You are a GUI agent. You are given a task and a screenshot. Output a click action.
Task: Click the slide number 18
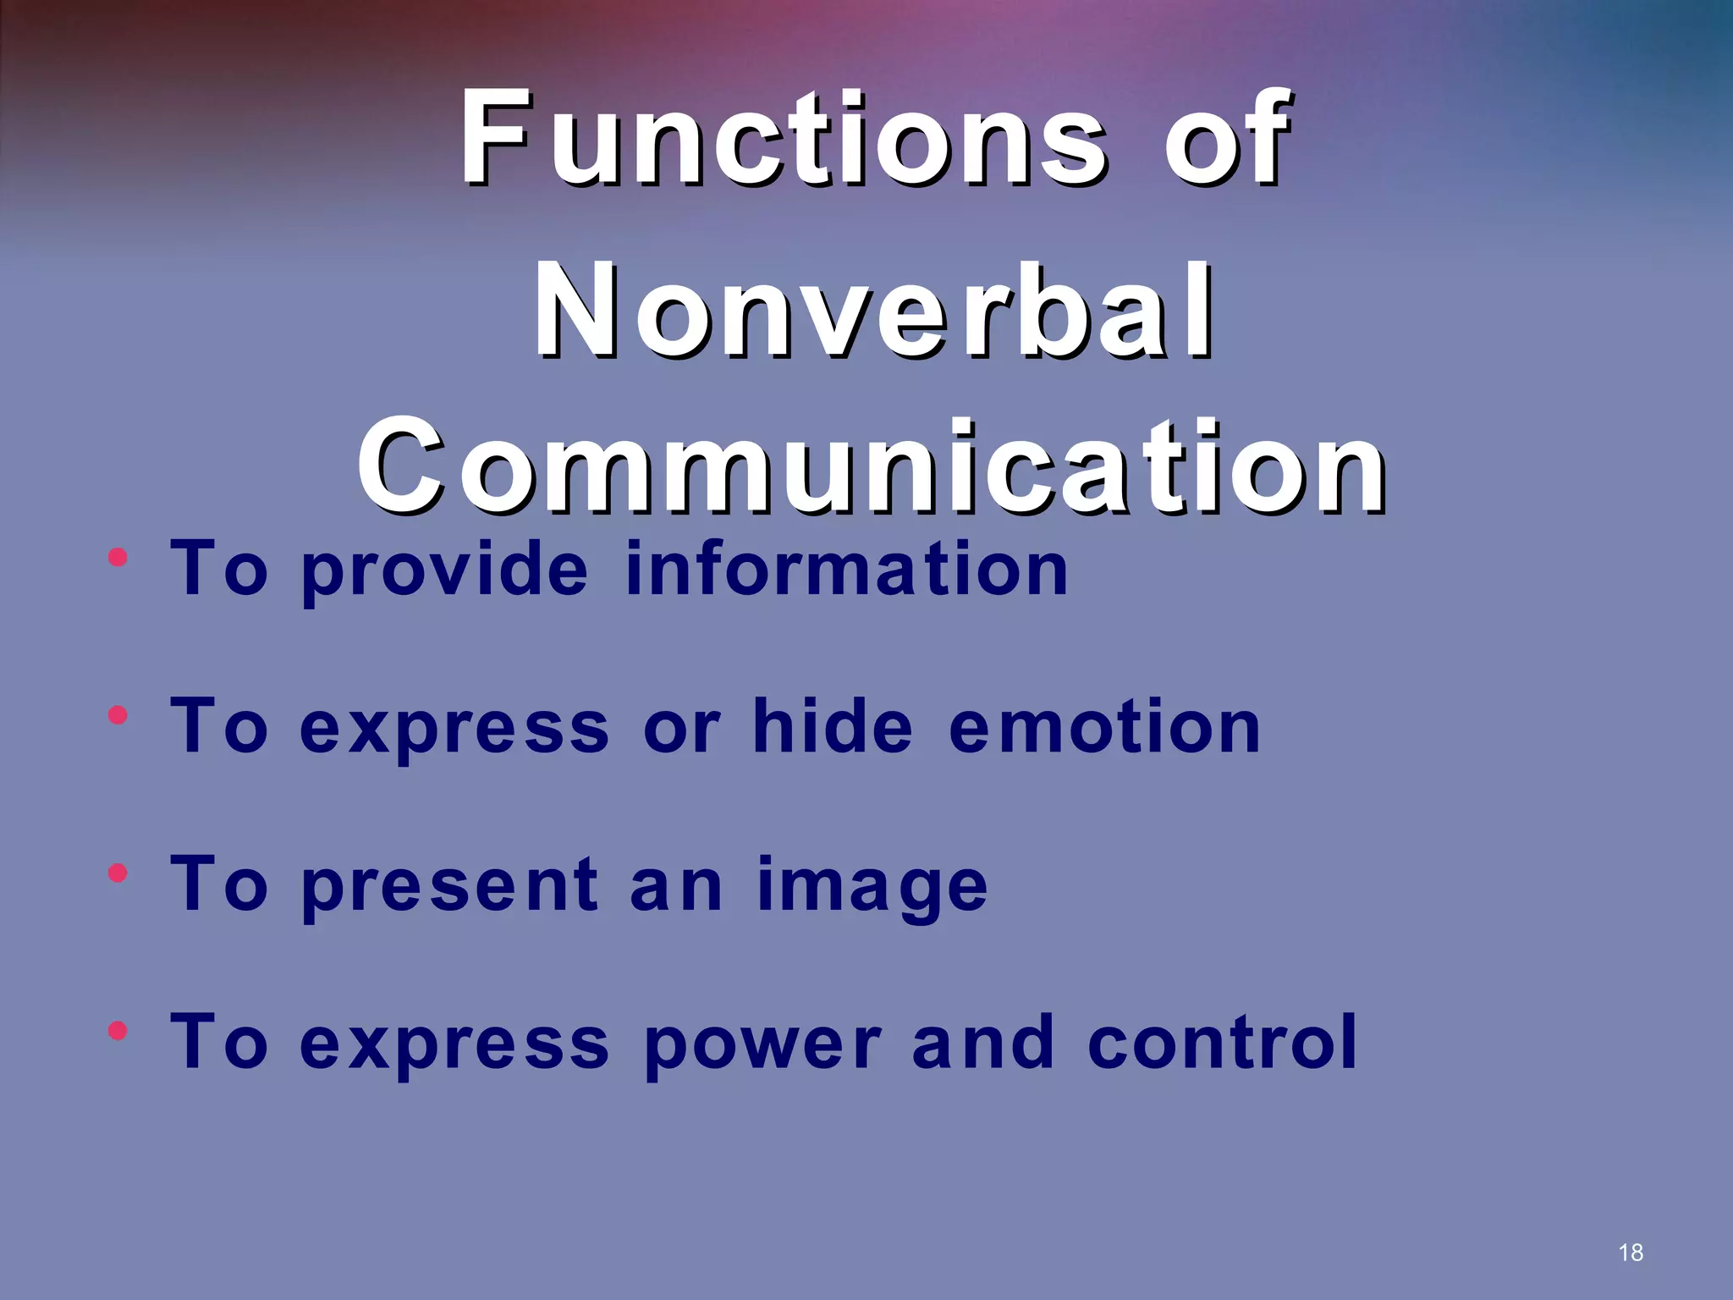click(x=1631, y=1253)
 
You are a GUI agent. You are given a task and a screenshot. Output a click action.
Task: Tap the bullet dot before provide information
click(x=118, y=558)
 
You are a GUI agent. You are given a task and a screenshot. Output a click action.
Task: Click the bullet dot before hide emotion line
click(x=118, y=716)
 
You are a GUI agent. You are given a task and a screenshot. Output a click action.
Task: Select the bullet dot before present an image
click(x=118, y=873)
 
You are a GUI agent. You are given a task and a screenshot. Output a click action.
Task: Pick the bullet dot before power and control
click(x=118, y=1031)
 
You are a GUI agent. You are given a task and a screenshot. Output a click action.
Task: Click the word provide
click(x=444, y=570)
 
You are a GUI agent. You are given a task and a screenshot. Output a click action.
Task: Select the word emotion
click(x=1104, y=728)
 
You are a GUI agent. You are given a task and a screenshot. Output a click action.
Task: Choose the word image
click(x=872, y=887)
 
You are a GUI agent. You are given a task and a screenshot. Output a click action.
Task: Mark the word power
click(x=762, y=1044)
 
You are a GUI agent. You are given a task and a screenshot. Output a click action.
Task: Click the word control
click(x=1222, y=1043)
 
